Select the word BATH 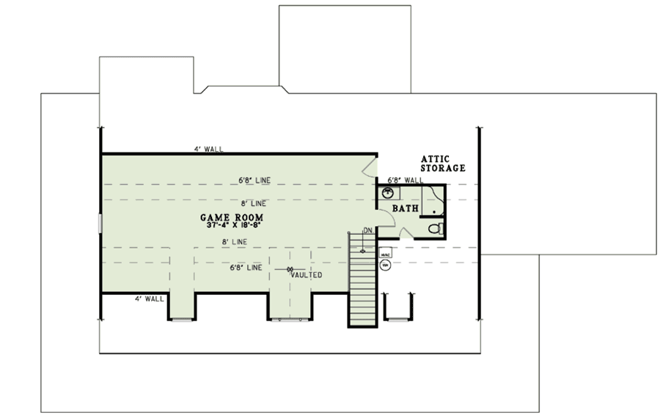406,209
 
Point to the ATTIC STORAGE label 443,163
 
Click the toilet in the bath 438,228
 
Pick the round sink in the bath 389,194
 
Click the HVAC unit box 386,255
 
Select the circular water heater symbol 385,266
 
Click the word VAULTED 306,275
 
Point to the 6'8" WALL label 405,180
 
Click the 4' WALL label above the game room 208,150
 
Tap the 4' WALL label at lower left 149,298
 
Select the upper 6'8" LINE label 254,178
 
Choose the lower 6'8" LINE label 246,268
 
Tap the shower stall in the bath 433,199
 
